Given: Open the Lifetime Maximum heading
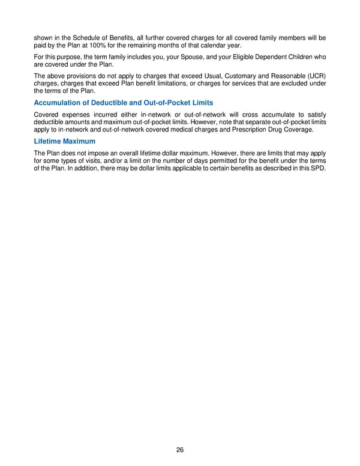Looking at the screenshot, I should (x=64, y=141).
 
